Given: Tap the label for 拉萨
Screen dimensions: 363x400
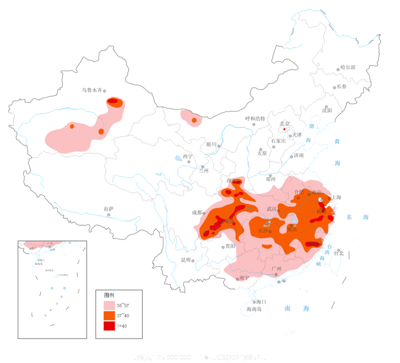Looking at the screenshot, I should click(109, 208).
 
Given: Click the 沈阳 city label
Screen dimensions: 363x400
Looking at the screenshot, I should click(327, 110).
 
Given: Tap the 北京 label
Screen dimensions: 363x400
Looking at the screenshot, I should click(285, 124).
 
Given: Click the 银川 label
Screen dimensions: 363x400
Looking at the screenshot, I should click(211, 144).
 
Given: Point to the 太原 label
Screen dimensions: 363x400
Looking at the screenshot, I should click(262, 153).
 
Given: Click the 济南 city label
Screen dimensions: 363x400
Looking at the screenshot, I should click(298, 155).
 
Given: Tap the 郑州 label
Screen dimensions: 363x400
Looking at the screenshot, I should click(271, 179).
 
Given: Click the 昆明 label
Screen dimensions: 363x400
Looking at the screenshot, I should click(186, 259).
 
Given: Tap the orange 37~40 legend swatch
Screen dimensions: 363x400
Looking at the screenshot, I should click(109, 315).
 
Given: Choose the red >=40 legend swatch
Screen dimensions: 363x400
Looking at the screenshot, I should click(109, 326).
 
